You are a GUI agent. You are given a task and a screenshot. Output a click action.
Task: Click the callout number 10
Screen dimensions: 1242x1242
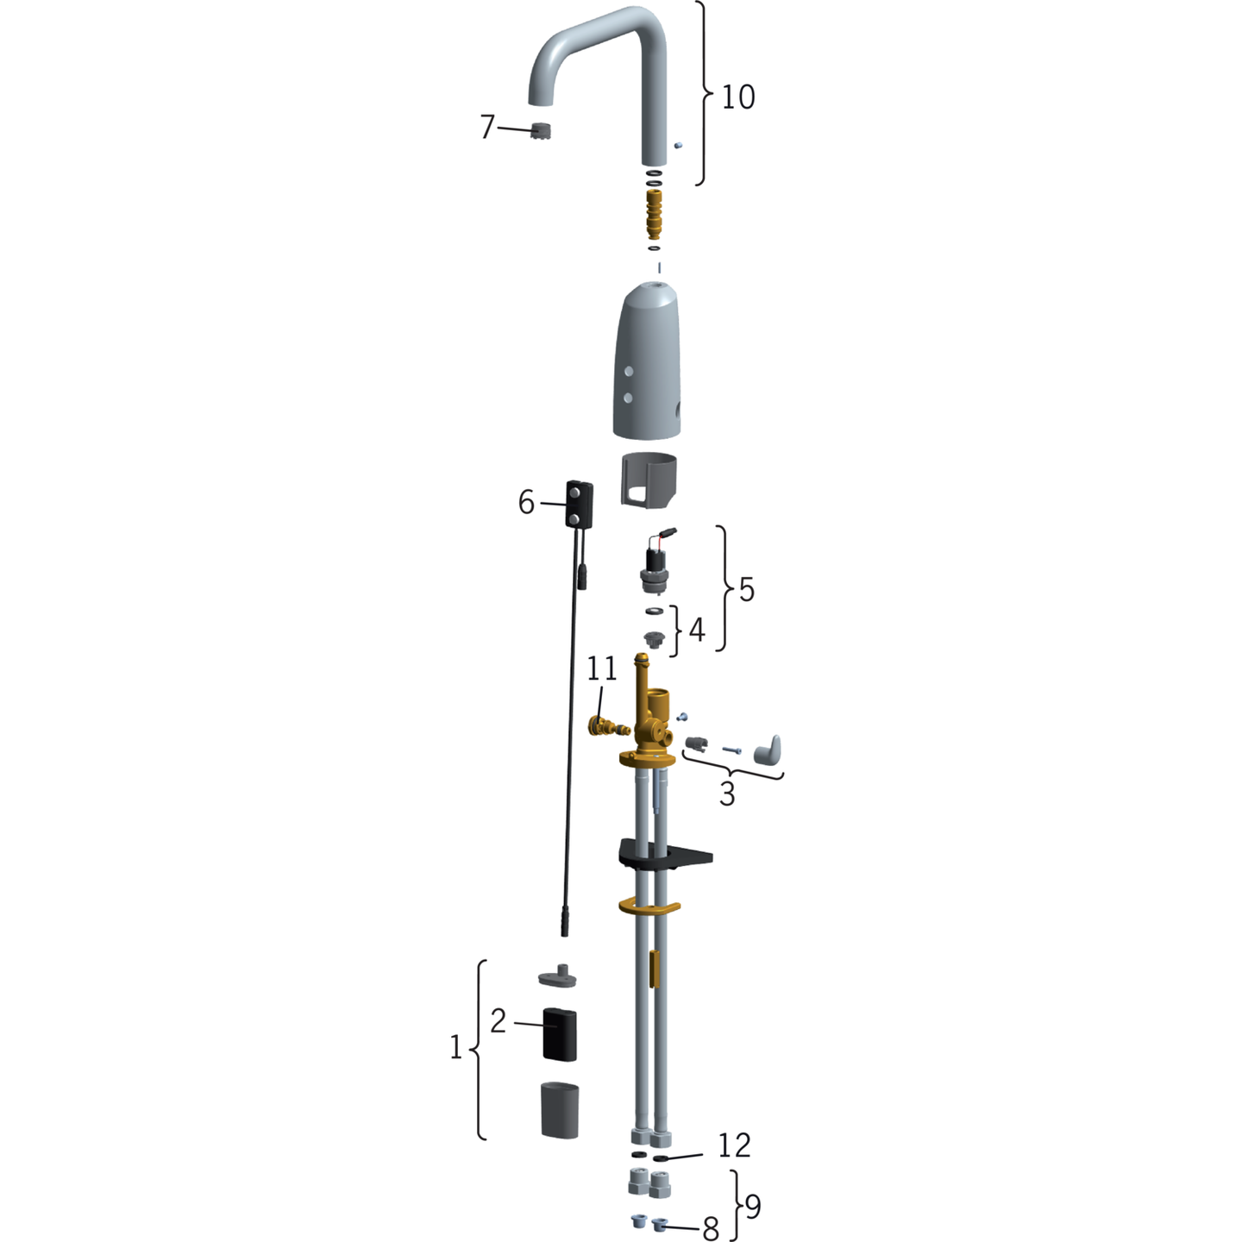738,97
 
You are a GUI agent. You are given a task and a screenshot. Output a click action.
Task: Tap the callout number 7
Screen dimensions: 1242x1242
487,127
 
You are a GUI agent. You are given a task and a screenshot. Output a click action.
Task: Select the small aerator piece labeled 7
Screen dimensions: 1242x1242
541,132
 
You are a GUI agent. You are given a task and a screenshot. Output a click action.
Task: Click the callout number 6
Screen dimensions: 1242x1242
526,502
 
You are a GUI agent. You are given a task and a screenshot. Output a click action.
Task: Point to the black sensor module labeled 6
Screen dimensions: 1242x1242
579,504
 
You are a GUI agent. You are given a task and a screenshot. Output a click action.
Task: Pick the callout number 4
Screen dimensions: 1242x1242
696,630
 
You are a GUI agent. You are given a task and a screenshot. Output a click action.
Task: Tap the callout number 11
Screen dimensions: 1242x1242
602,668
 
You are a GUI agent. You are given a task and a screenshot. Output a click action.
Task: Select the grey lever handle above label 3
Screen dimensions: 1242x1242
768,750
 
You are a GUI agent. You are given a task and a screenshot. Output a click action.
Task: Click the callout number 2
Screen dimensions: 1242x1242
498,1021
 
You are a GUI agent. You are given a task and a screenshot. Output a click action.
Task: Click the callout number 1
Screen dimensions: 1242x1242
456,1048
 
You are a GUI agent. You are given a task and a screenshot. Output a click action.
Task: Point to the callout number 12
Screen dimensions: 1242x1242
734,1145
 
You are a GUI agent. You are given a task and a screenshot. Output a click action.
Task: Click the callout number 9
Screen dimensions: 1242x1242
752,1207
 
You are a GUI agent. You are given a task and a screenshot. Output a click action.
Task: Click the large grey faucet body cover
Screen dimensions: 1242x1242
648,362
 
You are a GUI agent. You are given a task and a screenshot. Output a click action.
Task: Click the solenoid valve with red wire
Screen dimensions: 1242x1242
657,565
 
